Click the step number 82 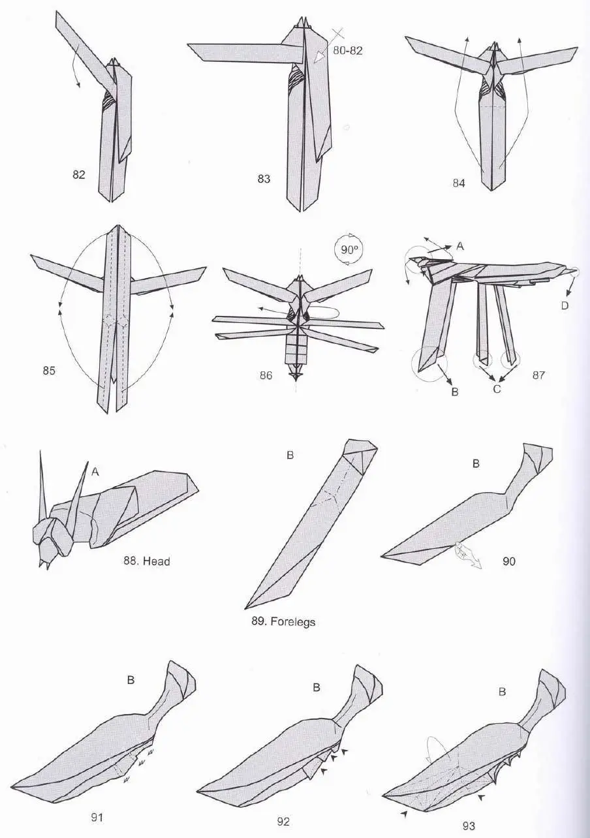[x=78, y=175]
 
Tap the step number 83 [x=264, y=179]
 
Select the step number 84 [x=459, y=183]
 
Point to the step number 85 [x=49, y=370]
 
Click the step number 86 [x=266, y=375]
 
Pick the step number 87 [x=538, y=375]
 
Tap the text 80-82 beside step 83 [x=348, y=50]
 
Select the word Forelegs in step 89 [x=292, y=622]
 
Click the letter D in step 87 [x=565, y=305]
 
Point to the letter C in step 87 [x=497, y=390]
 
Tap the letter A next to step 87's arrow [x=461, y=246]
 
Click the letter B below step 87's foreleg [x=455, y=392]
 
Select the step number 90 [x=509, y=561]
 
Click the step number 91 [x=97, y=818]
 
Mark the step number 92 [x=283, y=822]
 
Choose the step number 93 [x=469, y=826]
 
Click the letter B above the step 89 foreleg [x=290, y=456]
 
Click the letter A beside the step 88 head [x=95, y=472]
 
